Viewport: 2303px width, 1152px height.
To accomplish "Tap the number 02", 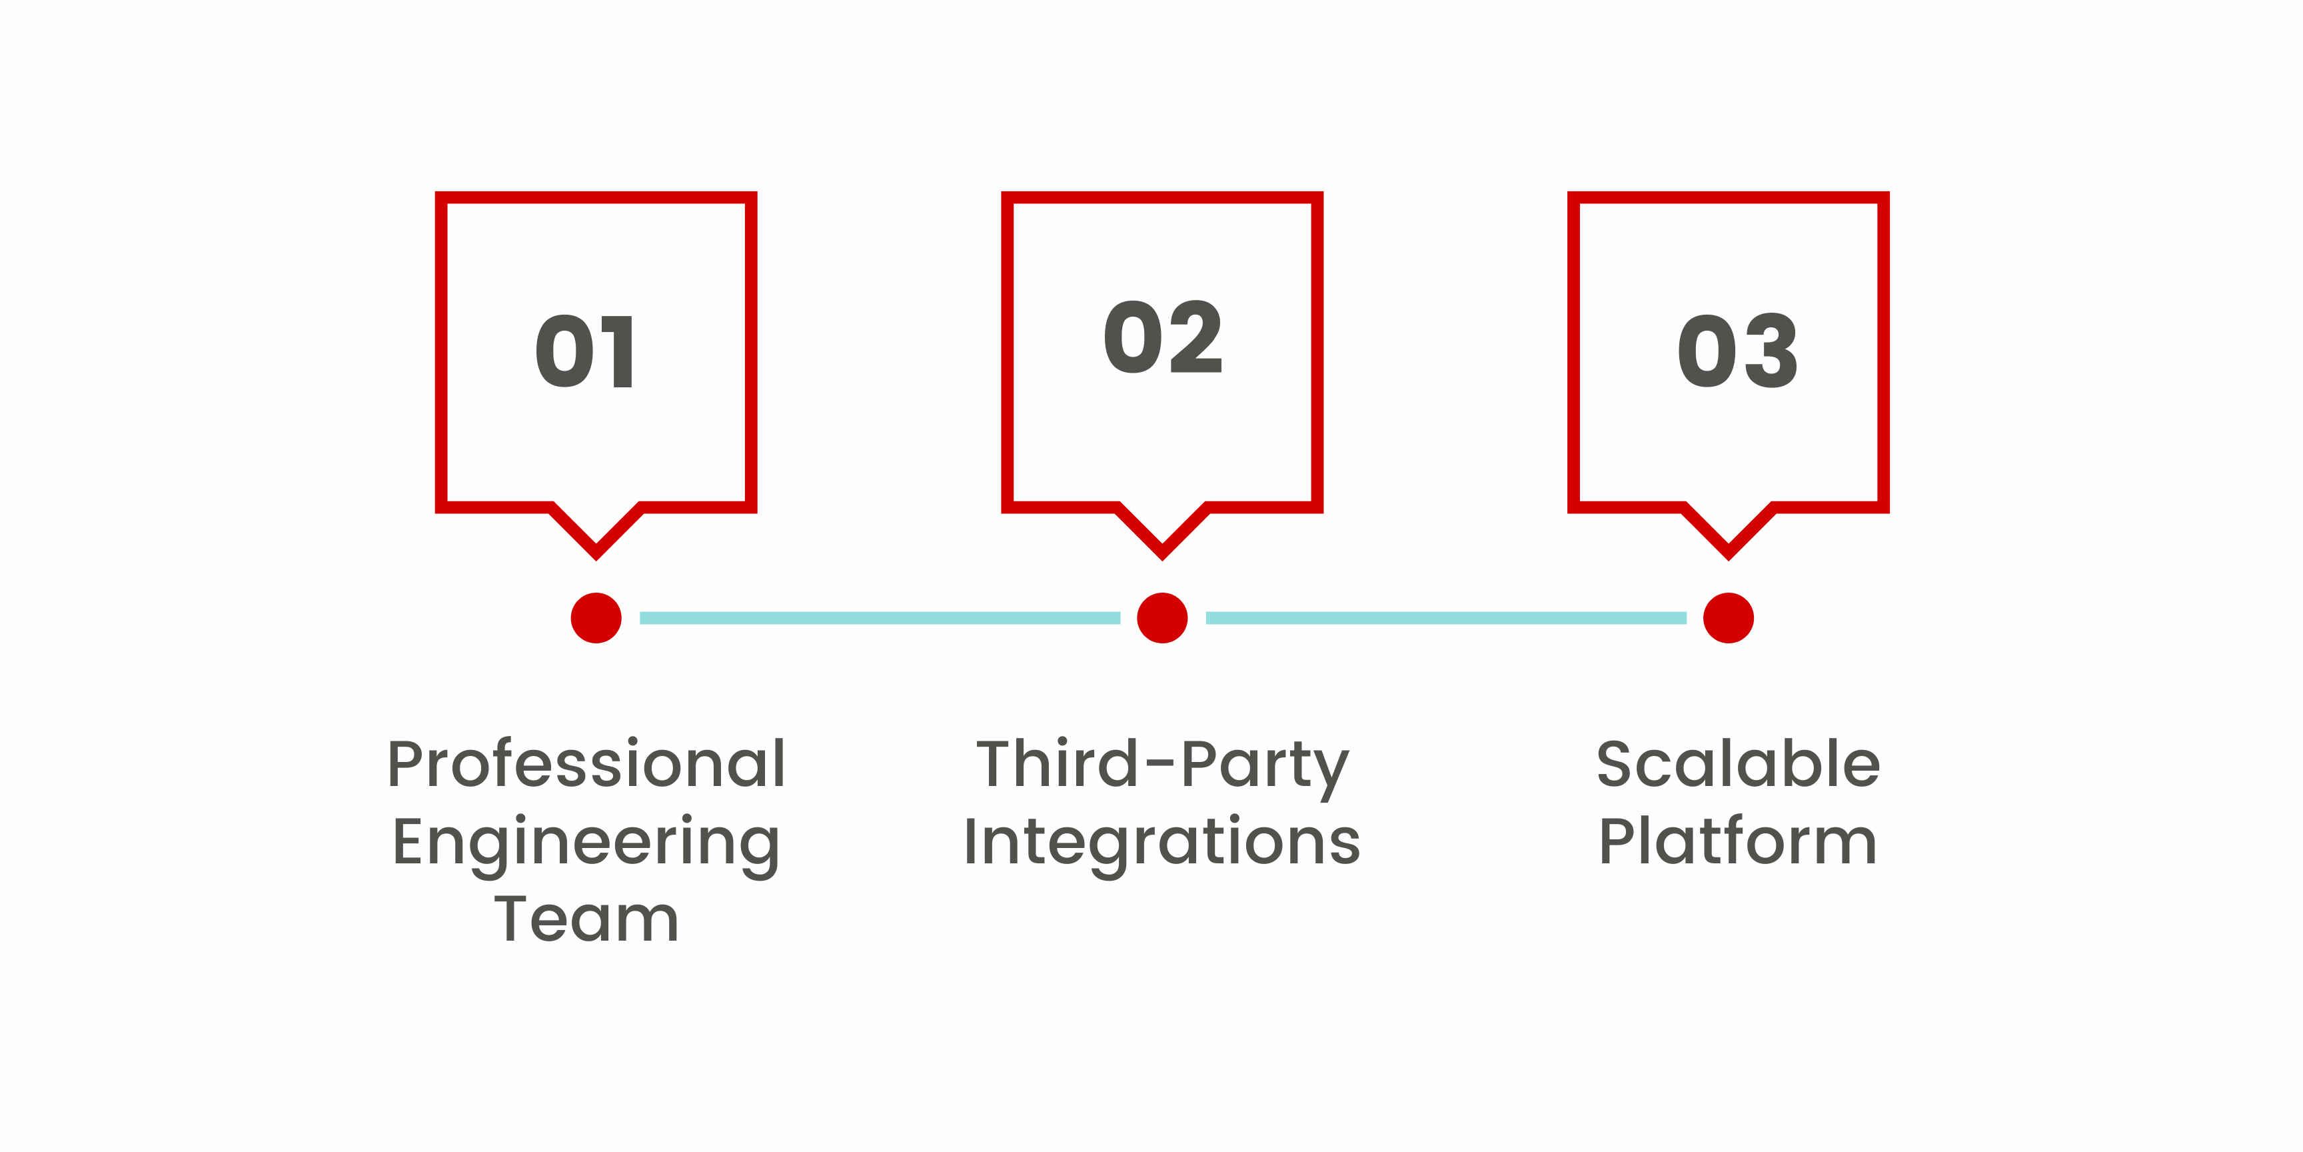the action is coord(1162,337).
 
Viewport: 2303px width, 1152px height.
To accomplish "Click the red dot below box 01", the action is coord(596,618).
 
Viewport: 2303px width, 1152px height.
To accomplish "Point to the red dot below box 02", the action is coord(1162,618).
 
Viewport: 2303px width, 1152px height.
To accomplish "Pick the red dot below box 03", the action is coord(1728,618).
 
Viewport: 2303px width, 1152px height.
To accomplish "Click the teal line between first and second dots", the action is coord(880,618).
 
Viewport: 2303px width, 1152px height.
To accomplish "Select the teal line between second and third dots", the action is coord(1445,618).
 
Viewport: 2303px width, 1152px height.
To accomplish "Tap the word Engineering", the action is coord(586,845).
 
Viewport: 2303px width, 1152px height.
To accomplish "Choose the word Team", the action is coord(586,919).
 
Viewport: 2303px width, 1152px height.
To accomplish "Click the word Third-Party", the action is coord(1162,768).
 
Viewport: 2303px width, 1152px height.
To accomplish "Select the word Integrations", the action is coord(1162,845).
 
